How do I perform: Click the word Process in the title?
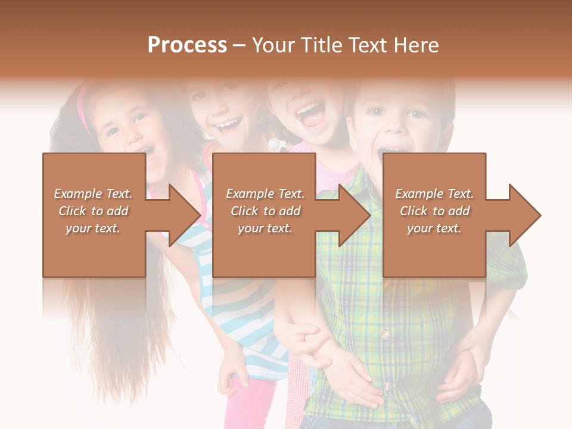click(187, 45)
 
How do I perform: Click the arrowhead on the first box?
click(182, 215)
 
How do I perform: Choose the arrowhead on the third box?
click(522, 215)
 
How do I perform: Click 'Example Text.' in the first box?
click(94, 194)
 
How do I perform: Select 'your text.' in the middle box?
click(265, 228)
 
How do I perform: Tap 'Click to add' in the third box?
click(434, 211)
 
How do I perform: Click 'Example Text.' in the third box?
click(434, 194)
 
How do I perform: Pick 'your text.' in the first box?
click(94, 228)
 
